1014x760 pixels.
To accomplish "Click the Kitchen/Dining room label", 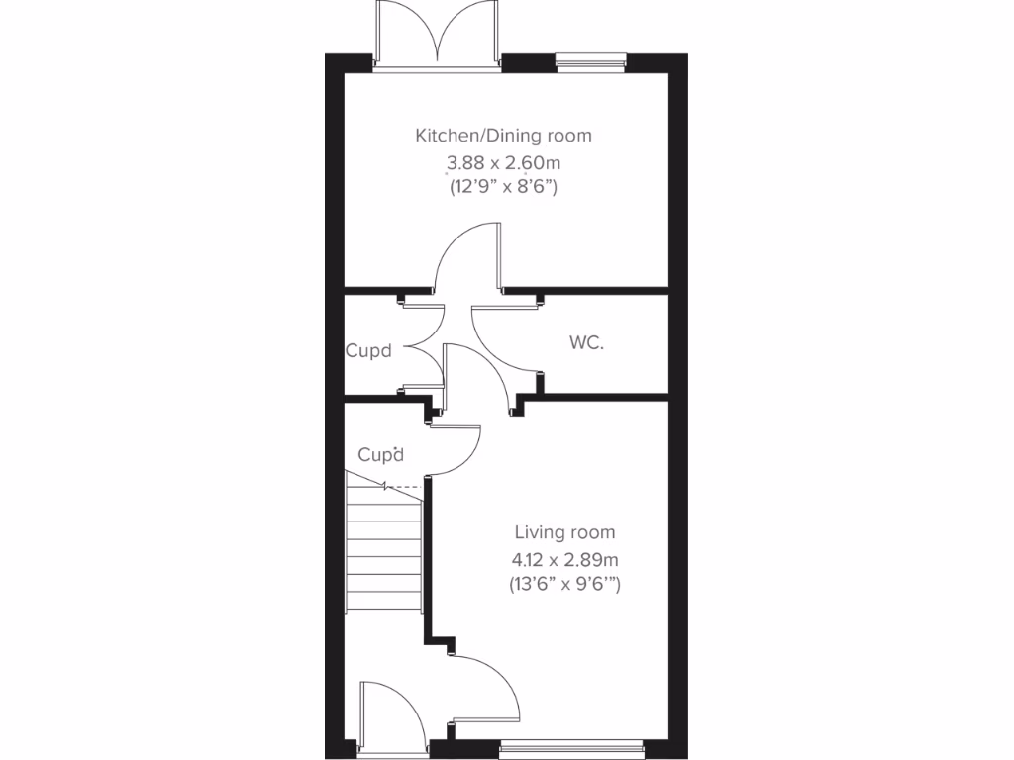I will pyautogui.click(x=503, y=136).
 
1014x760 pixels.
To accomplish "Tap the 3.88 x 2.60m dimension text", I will pyautogui.click(x=503, y=161).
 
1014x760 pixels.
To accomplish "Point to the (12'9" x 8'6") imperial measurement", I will pyautogui.click(x=503, y=186).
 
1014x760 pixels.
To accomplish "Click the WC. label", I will pyautogui.click(x=586, y=343).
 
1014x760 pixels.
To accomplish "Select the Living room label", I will pyautogui.click(x=563, y=532).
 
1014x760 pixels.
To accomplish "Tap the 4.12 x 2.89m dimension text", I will pyautogui.click(x=563, y=559).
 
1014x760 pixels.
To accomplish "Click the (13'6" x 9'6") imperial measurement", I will pyautogui.click(x=563, y=585).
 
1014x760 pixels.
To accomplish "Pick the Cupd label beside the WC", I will pyautogui.click(x=368, y=350).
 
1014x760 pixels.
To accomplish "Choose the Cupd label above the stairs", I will pyautogui.click(x=381, y=455).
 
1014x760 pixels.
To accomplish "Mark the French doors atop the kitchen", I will pyautogui.click(x=436, y=35).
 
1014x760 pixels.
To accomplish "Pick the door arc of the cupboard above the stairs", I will pyautogui.click(x=459, y=451).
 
